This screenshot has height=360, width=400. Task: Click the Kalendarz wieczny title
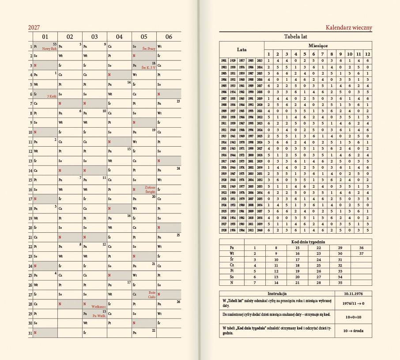point(349,28)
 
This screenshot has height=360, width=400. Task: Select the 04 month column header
point(119,37)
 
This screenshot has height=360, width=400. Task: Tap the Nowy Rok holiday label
point(49,49)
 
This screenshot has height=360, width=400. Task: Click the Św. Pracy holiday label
point(148,49)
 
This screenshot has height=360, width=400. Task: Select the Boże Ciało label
point(152,295)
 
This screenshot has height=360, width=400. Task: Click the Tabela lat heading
point(295,36)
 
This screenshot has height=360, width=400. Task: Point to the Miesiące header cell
point(318,45)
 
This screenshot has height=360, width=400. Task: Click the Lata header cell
point(242,49)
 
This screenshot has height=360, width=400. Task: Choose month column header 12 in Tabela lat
point(367,53)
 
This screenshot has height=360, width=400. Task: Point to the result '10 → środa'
point(352,331)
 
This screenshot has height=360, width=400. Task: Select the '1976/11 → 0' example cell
point(352,303)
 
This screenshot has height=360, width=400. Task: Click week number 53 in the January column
point(55,44)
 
